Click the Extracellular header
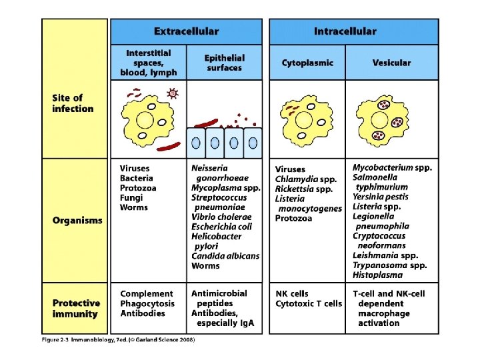click(186, 31)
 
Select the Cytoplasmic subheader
click(307, 63)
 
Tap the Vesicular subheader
click(392, 63)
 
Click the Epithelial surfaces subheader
click(225, 63)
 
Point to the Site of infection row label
click(73, 103)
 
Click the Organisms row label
click(77, 220)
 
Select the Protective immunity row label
click(76, 308)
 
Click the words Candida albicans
click(225, 256)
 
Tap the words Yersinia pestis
click(381, 197)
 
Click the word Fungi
click(131, 198)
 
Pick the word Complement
click(146, 293)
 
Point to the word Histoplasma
click(378, 275)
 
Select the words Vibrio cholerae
click(221, 217)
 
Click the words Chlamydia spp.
click(305, 179)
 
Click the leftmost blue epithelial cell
click(196, 142)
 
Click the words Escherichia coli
click(221, 227)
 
